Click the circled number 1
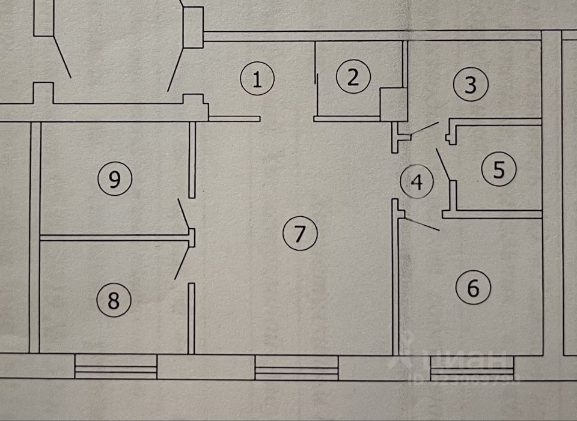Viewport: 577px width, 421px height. [x=257, y=79]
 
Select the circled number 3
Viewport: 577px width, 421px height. [x=470, y=85]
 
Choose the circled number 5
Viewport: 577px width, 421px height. [x=498, y=170]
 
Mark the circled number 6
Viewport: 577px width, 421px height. [x=473, y=288]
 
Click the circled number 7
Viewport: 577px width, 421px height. [x=299, y=233]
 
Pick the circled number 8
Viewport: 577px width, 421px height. [x=113, y=300]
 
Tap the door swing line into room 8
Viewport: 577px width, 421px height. [x=182, y=263]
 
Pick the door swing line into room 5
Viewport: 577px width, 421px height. [x=444, y=162]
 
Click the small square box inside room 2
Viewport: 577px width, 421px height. [x=394, y=101]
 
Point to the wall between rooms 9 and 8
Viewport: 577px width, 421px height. [x=114, y=238]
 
